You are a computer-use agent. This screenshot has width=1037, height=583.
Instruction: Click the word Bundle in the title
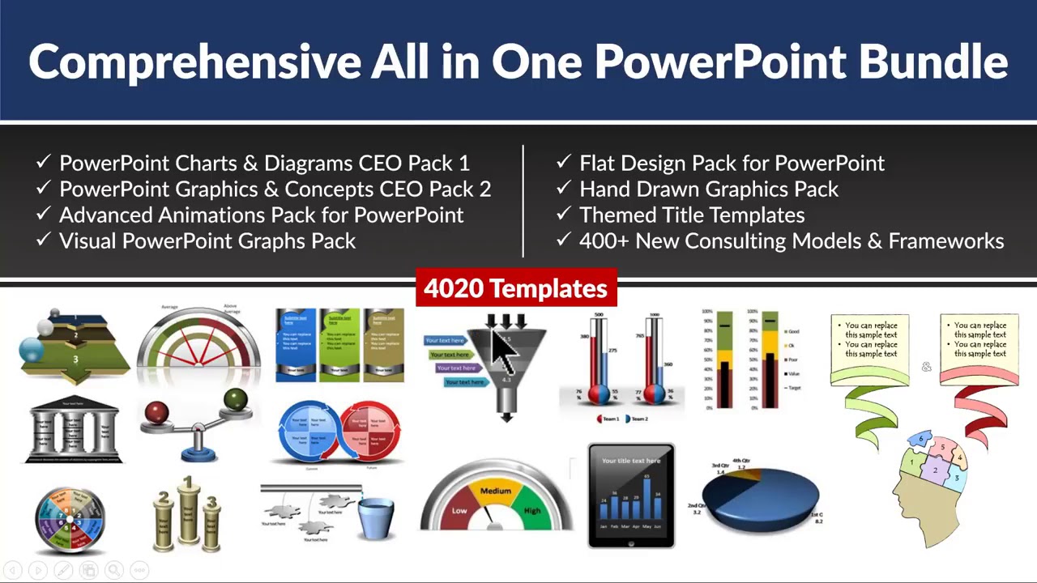(932, 62)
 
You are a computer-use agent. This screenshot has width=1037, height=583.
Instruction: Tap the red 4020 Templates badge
(516, 288)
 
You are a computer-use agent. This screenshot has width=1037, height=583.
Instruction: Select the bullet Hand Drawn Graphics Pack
(709, 189)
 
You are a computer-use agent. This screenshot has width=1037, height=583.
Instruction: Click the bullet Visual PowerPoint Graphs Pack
(207, 240)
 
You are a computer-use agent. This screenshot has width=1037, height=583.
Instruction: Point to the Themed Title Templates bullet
(692, 215)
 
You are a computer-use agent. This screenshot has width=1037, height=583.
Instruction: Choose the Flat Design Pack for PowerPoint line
(732, 163)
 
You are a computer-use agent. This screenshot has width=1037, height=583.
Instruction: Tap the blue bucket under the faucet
(375, 517)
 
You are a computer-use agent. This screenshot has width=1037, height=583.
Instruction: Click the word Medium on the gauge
(496, 491)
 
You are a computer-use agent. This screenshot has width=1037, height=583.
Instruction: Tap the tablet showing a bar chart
(631, 496)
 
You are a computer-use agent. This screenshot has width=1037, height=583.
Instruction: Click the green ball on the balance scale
(236, 398)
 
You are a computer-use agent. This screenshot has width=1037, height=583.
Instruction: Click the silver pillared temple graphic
(74, 430)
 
